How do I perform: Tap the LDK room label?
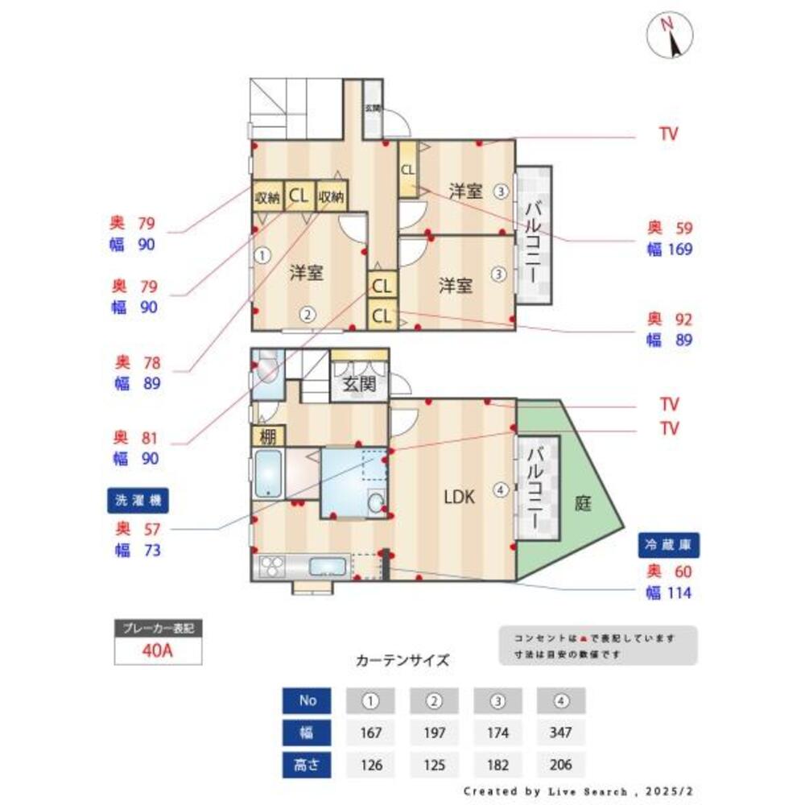coord(460,497)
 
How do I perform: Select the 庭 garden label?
coord(583,504)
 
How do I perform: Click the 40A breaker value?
coord(157,650)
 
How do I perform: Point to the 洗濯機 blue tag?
coord(138,500)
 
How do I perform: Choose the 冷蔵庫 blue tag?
coord(668,545)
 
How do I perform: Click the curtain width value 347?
coord(560,733)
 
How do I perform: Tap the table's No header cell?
coord(308,700)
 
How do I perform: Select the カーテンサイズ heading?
coord(402,660)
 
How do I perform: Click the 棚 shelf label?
coord(267,436)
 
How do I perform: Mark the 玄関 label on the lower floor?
coord(359,384)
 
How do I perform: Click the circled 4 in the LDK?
coord(501,489)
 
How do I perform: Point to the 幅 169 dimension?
coord(670,250)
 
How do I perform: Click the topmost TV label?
coord(668,134)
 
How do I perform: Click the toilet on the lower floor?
coord(265,371)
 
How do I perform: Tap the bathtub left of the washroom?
coord(267,474)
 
